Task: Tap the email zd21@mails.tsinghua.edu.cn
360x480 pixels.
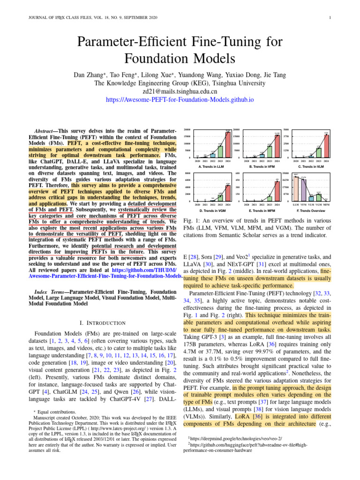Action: point(180,91)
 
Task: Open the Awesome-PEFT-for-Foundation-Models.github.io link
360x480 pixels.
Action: point(180,100)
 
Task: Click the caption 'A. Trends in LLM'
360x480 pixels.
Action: point(212,166)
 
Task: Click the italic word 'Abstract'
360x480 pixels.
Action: point(45,130)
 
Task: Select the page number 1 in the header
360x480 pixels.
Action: point(331,18)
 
